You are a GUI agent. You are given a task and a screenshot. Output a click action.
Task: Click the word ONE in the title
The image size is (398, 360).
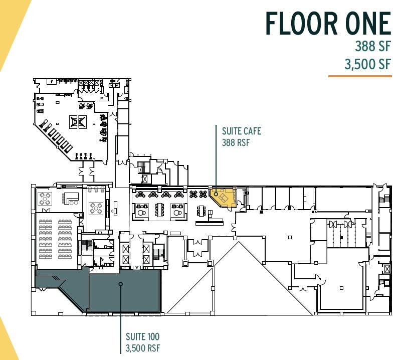point(366,24)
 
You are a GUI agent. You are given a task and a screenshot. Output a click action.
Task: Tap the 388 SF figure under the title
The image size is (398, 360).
point(373,48)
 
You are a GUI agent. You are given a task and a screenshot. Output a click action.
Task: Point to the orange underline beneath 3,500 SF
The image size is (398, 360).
point(359,76)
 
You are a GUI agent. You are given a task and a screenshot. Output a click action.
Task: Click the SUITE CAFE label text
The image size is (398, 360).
point(242,131)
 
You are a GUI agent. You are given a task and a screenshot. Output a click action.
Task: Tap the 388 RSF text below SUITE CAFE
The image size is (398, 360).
point(236,142)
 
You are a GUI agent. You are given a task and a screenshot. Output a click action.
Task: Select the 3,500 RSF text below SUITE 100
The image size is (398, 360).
point(143,347)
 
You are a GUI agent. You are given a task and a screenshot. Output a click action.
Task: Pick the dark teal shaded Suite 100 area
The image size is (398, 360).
point(125,293)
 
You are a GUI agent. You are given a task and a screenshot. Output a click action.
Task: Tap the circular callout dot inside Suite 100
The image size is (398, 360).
point(120,284)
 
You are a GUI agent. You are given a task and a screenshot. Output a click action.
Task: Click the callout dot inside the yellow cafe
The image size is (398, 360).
point(216,194)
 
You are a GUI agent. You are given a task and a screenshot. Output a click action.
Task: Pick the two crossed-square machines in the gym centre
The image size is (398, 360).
point(78,121)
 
